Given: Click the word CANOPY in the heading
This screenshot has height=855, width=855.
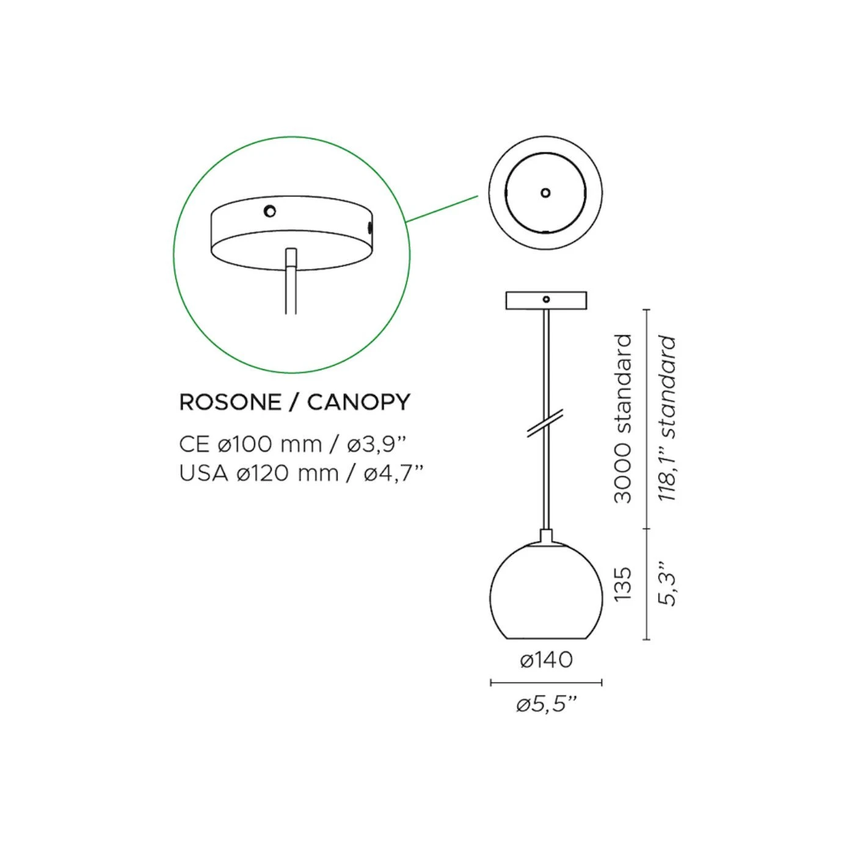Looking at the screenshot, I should (x=358, y=402).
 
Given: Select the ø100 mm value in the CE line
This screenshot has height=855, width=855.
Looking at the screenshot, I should (x=269, y=444).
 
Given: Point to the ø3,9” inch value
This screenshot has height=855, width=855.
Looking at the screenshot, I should (x=377, y=444).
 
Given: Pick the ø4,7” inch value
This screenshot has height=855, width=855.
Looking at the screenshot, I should (x=393, y=473).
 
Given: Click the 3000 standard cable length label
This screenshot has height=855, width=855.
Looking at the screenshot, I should (x=622, y=418).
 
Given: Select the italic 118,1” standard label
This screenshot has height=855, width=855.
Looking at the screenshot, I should (x=668, y=418).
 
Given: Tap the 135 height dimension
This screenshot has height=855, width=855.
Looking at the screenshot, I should (x=622, y=584).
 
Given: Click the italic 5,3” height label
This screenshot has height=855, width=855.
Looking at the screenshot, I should (x=668, y=584).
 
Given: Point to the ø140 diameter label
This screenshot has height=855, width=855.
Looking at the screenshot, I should (x=546, y=660).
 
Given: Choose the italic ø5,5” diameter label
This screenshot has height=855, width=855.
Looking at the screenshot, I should (x=546, y=705).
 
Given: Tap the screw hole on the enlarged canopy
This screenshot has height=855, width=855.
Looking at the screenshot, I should (x=269, y=211).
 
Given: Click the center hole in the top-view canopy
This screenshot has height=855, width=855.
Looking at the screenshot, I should (x=545, y=193).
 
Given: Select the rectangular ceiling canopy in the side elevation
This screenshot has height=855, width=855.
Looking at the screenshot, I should (x=546, y=300).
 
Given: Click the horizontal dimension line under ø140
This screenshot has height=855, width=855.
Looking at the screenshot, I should (x=546, y=683).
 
